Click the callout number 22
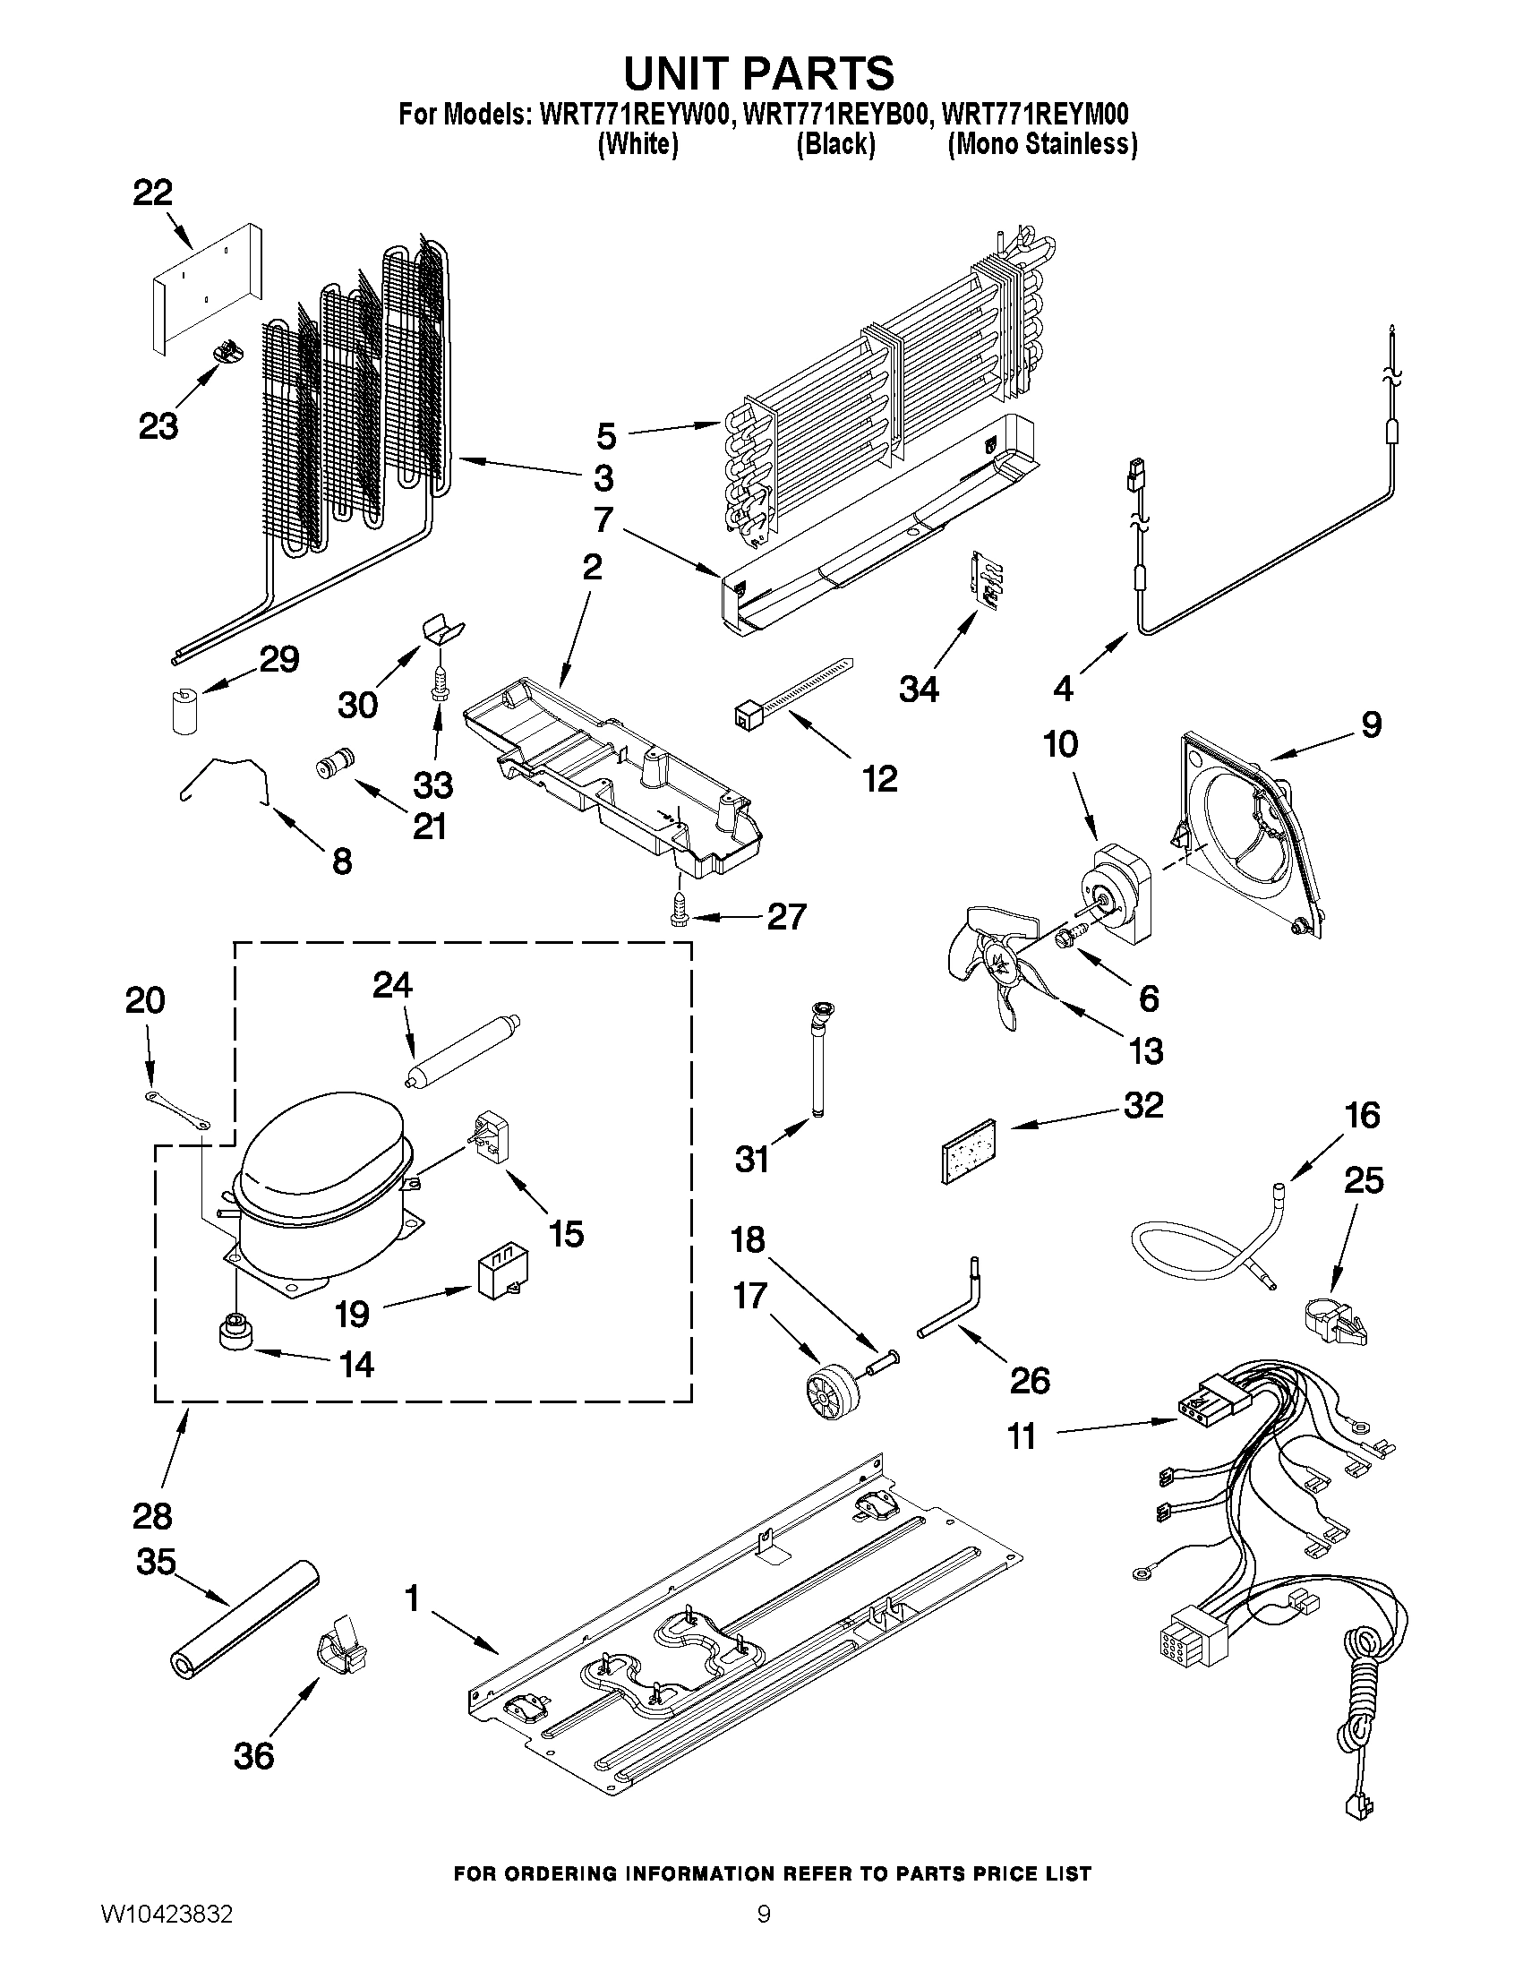(x=152, y=193)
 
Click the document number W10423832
(x=166, y=1933)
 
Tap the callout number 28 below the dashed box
(x=152, y=1516)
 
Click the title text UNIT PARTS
(x=758, y=73)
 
